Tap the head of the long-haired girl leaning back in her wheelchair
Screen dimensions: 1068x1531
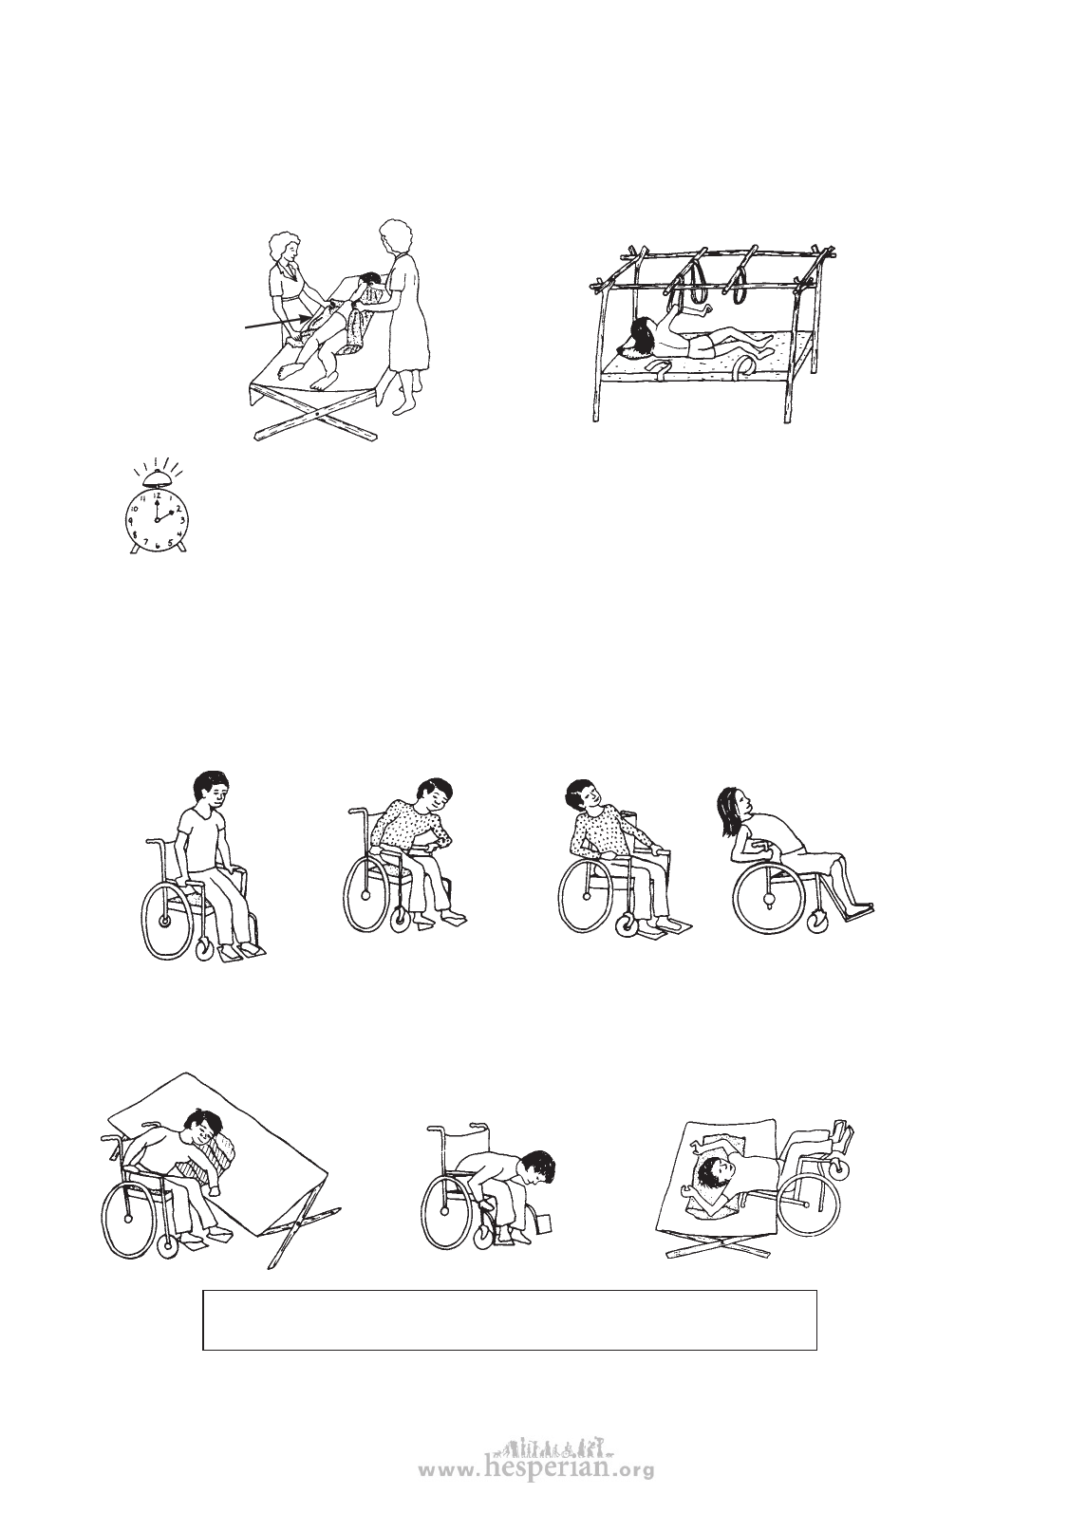732,809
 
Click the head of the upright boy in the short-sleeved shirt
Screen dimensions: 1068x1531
213,791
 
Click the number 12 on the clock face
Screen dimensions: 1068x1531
157,495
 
